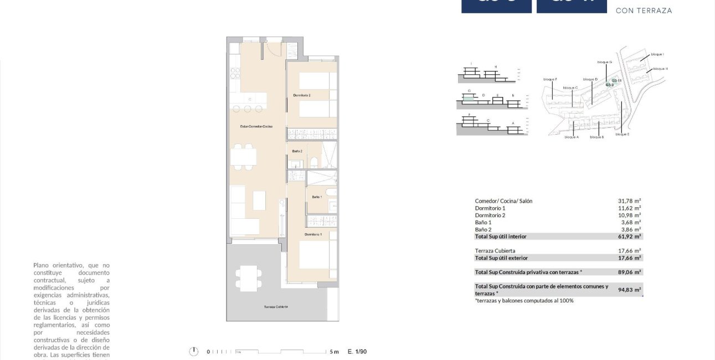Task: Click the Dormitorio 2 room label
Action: click(x=302, y=96)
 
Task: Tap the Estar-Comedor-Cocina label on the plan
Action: click(x=256, y=126)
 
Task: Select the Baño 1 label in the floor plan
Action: click(x=317, y=197)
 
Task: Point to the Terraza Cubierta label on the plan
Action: click(x=275, y=307)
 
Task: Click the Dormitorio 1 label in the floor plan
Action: click(x=312, y=235)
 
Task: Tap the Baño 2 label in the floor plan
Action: click(x=297, y=151)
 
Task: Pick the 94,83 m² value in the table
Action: click(x=630, y=290)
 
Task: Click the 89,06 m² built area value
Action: click(x=630, y=272)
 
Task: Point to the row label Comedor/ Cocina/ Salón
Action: click(x=503, y=201)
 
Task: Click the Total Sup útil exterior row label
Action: click(x=501, y=258)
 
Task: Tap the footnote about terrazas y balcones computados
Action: click(x=524, y=301)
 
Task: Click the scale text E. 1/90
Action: click(x=357, y=352)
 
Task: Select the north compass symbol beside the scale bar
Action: click(x=194, y=351)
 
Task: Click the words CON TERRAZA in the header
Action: click(x=644, y=11)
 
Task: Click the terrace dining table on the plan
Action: click(x=248, y=278)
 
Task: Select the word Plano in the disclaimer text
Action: click(x=43, y=265)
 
